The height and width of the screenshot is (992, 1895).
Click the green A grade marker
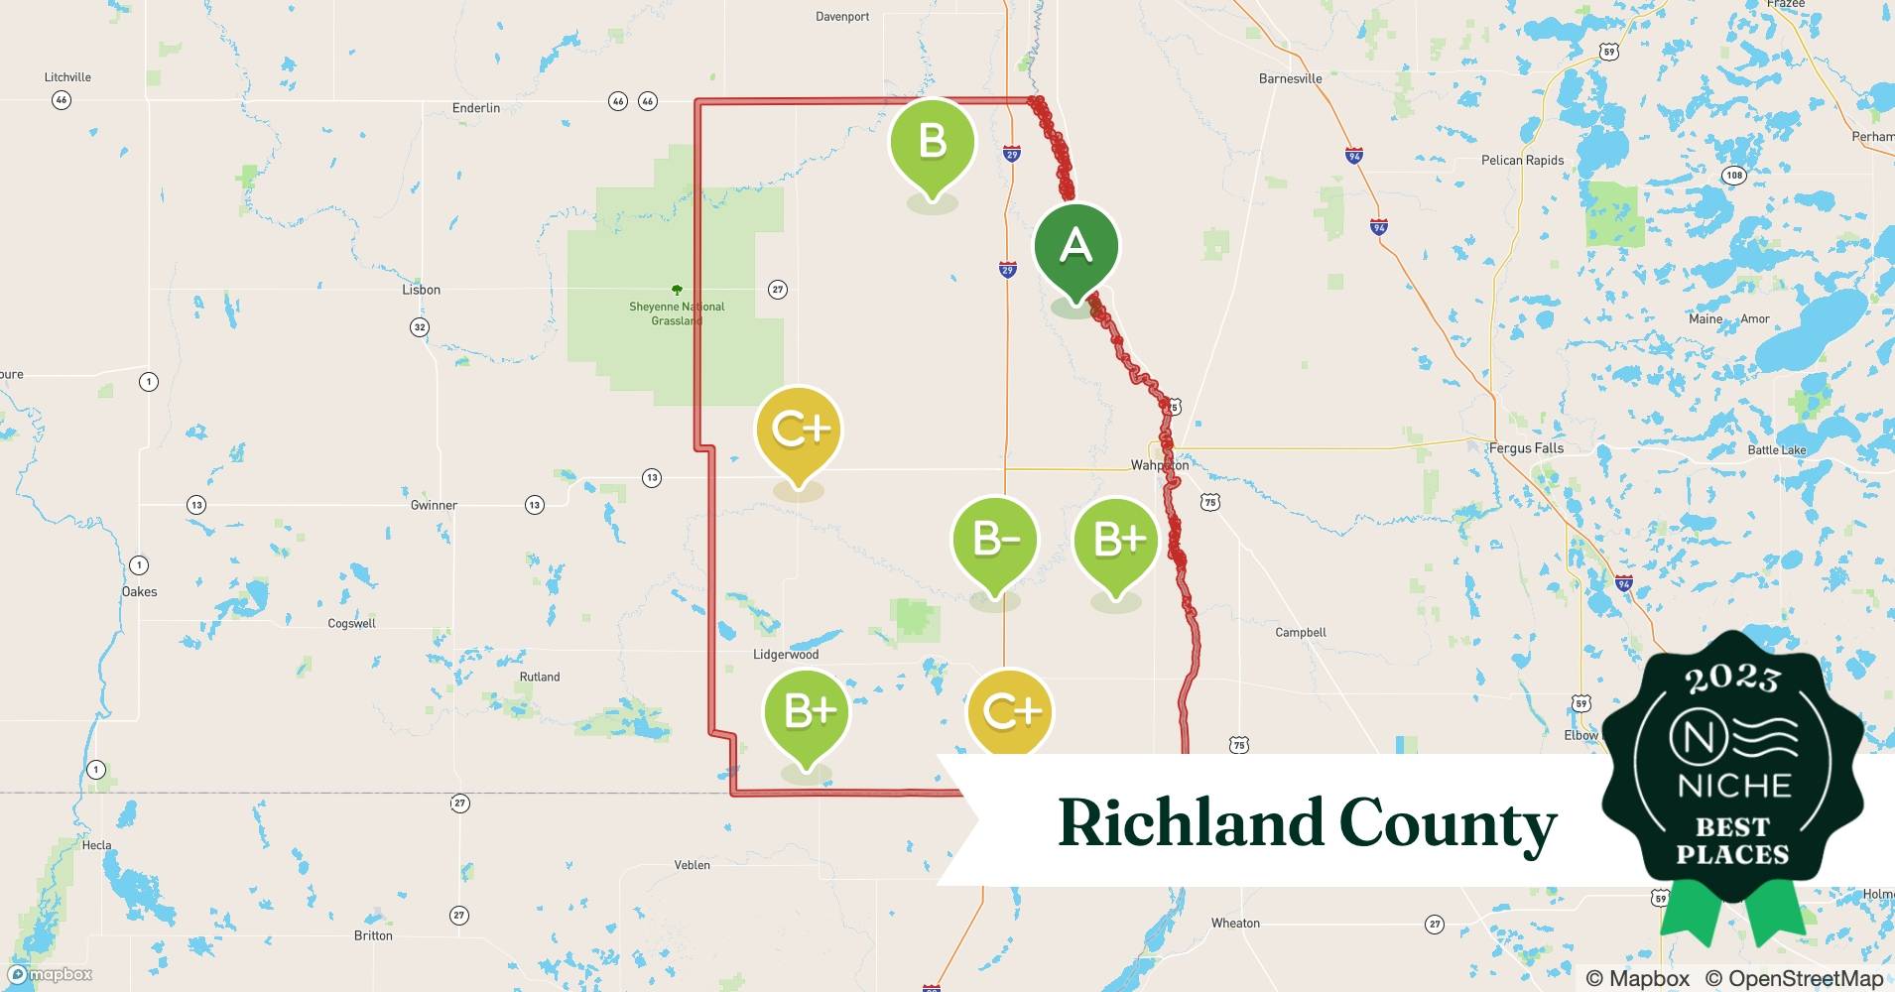1075,247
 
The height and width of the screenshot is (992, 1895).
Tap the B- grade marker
994,541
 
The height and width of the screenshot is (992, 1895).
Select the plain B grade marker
932,142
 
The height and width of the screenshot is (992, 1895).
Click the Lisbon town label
421,290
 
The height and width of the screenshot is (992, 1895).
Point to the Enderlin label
476,108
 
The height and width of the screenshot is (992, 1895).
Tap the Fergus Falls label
1526,448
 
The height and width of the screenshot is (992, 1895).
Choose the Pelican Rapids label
1522,161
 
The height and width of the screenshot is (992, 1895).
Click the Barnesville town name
1290,78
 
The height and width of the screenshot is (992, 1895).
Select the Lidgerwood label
786,655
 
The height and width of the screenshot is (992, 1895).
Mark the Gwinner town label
434,505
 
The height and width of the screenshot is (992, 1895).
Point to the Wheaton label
1235,924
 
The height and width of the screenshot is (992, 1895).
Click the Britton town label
373,935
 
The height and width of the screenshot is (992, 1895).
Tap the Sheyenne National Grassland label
677,313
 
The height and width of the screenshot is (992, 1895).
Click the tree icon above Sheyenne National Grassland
677,291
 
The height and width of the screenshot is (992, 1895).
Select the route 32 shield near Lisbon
420,327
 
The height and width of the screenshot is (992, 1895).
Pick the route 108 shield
1733,176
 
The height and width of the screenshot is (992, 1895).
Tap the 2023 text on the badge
1732,679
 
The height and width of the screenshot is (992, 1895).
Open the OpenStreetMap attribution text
1794,978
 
